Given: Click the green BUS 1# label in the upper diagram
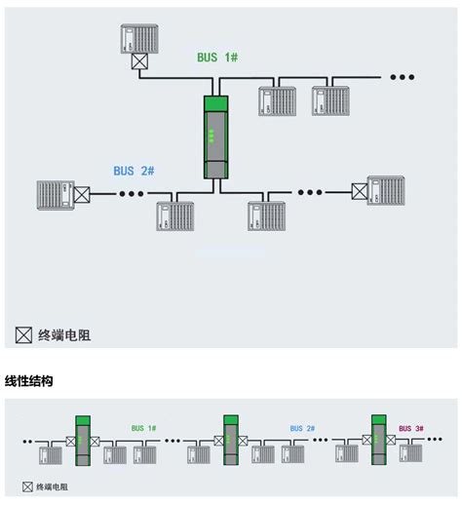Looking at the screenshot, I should [x=217, y=58].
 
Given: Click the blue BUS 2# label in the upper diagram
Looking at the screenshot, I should [x=134, y=171].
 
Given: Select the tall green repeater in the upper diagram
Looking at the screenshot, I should [x=215, y=137].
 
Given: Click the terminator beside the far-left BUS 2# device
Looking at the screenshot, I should [x=82, y=193].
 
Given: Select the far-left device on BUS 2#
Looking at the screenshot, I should [x=55, y=193].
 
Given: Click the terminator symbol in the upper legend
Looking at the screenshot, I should [x=23, y=335].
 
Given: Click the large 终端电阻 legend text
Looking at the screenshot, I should [x=63, y=335].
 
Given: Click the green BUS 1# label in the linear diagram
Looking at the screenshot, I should [x=143, y=428].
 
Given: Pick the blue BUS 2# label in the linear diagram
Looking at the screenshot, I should [x=302, y=428].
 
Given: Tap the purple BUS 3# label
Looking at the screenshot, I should [x=411, y=428].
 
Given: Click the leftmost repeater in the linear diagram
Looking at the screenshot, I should [x=82, y=440].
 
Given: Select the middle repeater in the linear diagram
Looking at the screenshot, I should [x=231, y=440].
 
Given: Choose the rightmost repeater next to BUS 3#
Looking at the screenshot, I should [x=380, y=440].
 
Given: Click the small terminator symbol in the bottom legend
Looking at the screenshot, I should [x=26, y=485].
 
